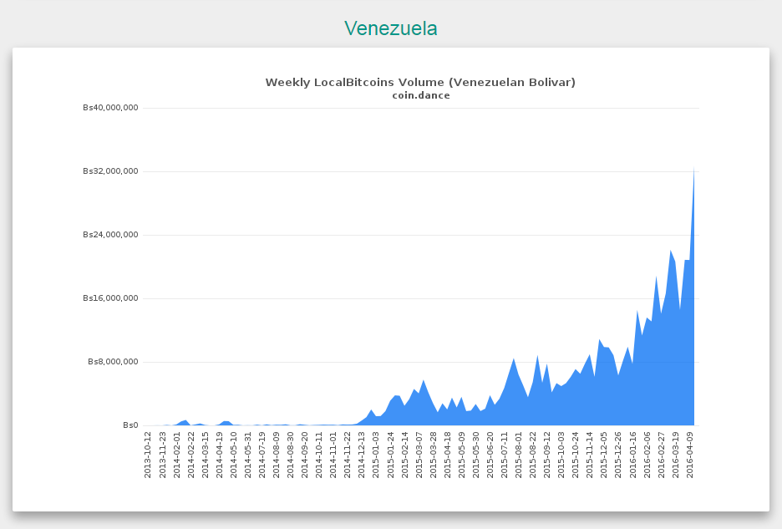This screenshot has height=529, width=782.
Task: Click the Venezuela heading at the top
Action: (390, 28)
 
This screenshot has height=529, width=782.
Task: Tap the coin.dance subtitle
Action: (421, 95)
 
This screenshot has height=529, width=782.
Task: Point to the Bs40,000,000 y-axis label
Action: (111, 108)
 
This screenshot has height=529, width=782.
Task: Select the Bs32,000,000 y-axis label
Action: (111, 171)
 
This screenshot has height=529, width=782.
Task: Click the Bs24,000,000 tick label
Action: (111, 235)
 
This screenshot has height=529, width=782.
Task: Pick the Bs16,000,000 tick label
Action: (111, 298)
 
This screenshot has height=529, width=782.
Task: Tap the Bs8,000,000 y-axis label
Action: (114, 361)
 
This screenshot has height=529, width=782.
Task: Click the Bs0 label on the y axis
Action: (130, 425)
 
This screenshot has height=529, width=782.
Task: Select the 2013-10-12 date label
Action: (148, 455)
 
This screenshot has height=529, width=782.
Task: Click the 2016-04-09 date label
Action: (690, 455)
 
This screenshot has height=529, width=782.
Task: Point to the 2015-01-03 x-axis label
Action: (375, 455)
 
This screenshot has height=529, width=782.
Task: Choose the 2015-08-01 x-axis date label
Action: (519, 455)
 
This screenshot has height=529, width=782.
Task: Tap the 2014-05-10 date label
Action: (233, 455)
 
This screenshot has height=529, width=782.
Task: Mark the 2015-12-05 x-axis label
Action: (604, 455)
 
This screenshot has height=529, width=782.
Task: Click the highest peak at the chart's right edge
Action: (693, 168)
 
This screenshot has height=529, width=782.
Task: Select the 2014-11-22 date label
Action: (347, 455)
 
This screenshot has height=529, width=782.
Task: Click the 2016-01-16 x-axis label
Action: (633, 455)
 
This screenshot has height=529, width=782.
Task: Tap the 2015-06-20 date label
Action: (490, 455)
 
